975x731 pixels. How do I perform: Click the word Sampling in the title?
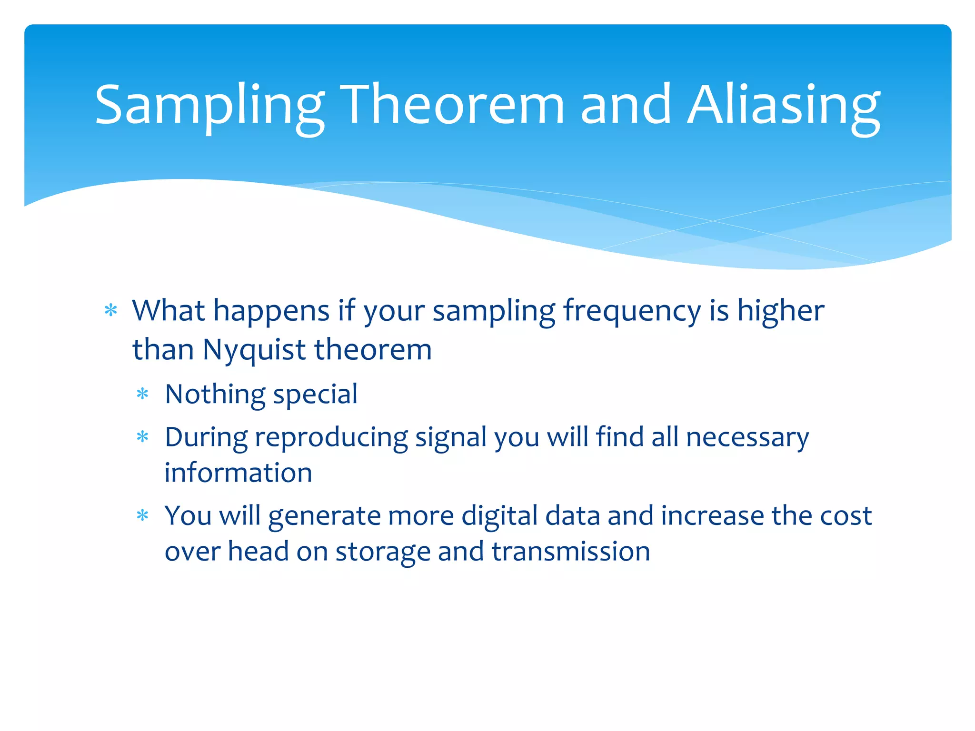click(209, 106)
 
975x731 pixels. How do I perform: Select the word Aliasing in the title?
click(783, 106)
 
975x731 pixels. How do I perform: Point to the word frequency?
click(632, 312)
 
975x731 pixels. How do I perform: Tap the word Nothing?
click(215, 395)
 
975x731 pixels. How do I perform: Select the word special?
click(315, 395)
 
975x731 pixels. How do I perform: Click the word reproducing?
click(331, 437)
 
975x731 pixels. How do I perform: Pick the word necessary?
click(747, 437)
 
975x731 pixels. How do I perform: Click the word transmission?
click(571, 552)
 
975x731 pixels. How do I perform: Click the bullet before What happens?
click(111, 311)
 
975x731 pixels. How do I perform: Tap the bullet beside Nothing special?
click(143, 394)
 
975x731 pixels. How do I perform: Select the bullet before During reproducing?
click(143, 437)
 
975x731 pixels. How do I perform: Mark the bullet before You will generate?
click(143, 515)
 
